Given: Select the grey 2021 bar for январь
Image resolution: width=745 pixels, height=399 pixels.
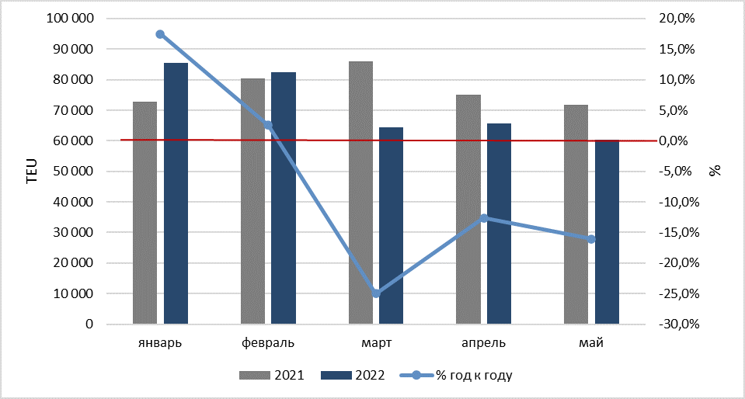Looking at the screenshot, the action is click(x=145, y=213).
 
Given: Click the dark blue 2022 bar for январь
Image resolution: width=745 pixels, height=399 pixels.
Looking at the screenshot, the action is click(x=176, y=194).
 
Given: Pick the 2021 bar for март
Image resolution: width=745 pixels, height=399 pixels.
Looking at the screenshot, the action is click(x=360, y=193).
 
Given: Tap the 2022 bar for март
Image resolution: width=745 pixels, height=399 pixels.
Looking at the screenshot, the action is click(x=391, y=226).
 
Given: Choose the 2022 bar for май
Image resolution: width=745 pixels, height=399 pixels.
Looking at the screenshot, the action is click(x=607, y=232).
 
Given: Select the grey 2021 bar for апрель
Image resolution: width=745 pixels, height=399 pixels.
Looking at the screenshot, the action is click(x=468, y=210).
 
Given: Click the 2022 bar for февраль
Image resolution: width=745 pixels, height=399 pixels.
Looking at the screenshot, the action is click(x=284, y=198).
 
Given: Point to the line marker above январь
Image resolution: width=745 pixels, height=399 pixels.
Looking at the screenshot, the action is click(x=160, y=34).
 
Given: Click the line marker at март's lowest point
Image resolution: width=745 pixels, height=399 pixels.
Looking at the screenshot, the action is click(x=376, y=293).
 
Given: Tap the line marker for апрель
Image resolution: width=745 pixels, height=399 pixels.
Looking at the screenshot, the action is click(x=484, y=218).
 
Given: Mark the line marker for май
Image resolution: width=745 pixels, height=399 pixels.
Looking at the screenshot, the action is click(x=591, y=239).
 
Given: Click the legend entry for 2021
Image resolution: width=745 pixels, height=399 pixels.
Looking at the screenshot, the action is click(x=272, y=376).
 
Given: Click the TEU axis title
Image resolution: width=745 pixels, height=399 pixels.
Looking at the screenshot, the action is click(x=31, y=172).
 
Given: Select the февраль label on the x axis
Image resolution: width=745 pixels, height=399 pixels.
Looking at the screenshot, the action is click(x=268, y=343).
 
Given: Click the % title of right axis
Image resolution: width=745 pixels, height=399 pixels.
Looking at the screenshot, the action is click(x=714, y=171).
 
